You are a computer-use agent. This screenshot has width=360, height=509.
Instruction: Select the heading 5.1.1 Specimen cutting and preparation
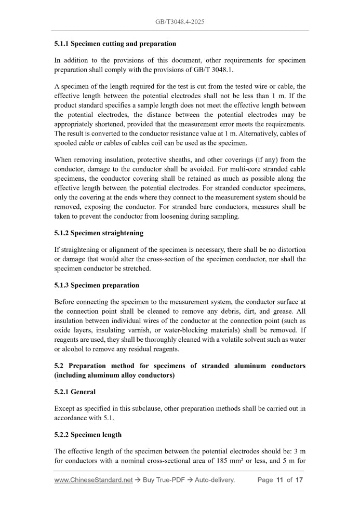[x=115, y=44]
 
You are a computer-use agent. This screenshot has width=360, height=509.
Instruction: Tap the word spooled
[x=66, y=143]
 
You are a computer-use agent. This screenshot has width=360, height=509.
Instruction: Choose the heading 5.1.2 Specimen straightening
[x=99, y=233]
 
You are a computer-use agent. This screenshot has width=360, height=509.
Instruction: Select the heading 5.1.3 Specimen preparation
[x=97, y=285]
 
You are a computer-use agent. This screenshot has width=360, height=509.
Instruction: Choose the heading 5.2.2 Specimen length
[x=88, y=434]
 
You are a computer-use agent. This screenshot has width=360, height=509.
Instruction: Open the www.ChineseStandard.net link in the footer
[x=94, y=480]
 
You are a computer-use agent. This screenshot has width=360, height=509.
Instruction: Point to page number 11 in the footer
[x=279, y=480]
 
